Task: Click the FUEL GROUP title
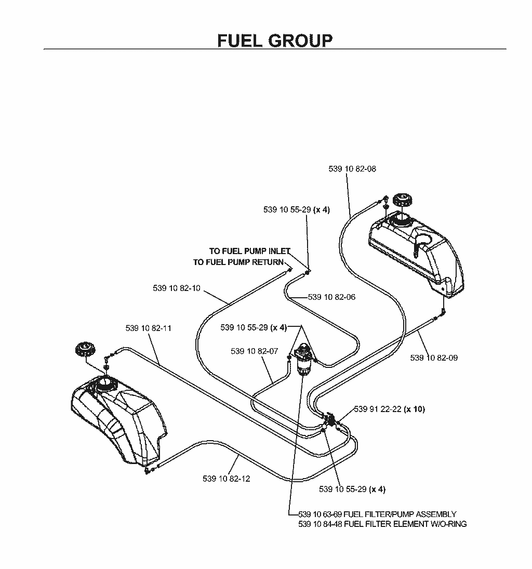(275, 41)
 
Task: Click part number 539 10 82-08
(352, 169)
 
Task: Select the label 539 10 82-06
(331, 297)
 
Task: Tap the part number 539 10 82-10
(176, 288)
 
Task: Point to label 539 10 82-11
(148, 328)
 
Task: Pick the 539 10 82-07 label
(255, 351)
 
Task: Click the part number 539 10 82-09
(434, 358)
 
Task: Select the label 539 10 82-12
(226, 479)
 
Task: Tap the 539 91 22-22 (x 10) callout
(389, 409)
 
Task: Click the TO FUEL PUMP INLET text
(250, 251)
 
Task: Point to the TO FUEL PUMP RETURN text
(238, 262)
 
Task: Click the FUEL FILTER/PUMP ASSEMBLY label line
(377, 514)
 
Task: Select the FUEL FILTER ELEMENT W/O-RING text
(382, 524)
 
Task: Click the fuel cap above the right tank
(402, 200)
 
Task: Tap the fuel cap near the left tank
(85, 350)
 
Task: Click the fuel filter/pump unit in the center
(303, 359)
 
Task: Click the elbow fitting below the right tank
(443, 311)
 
